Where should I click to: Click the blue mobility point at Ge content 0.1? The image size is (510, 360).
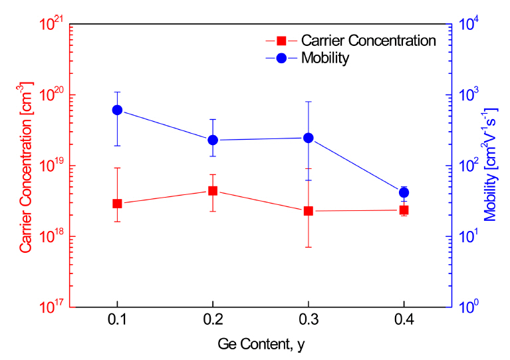click(x=117, y=110)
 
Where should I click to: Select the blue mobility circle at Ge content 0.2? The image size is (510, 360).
click(x=213, y=140)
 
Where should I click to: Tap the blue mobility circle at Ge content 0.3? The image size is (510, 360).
click(x=309, y=138)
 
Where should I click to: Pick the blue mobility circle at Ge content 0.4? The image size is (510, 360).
click(x=404, y=192)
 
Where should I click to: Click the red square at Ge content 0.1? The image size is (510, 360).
click(x=117, y=203)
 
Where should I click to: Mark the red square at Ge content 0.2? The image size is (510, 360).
click(x=213, y=190)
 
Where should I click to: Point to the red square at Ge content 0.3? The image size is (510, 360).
click(x=309, y=211)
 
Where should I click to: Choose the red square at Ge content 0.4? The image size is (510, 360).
click(x=404, y=210)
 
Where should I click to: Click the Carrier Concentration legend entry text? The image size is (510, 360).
click(x=368, y=41)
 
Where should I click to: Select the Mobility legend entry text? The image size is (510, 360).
click(x=325, y=58)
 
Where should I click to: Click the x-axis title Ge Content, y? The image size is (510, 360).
click(x=261, y=345)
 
